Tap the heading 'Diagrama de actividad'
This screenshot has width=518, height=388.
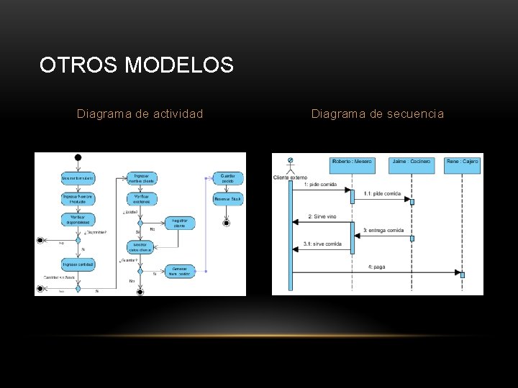click(x=140, y=114)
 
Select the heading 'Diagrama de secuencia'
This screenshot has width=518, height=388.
click(x=377, y=114)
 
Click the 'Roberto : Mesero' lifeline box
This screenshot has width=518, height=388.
click(x=353, y=162)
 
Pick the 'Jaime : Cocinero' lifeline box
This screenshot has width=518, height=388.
click(x=412, y=162)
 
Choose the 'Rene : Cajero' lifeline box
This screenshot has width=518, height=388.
click(x=462, y=162)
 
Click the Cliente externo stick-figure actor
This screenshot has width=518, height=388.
click(x=291, y=165)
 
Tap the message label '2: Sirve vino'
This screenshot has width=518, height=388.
click(x=321, y=216)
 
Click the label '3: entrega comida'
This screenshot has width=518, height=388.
click(x=384, y=230)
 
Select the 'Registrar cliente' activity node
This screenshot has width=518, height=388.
click(x=179, y=223)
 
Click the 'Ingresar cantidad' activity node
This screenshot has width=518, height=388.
click(x=78, y=264)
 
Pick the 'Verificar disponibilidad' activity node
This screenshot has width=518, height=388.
click(x=78, y=220)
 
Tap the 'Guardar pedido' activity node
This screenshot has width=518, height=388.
click(x=227, y=177)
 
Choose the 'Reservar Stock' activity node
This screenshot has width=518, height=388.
click(x=227, y=199)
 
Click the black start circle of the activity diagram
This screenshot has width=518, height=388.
click(x=78, y=158)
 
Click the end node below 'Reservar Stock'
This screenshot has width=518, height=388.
click(x=227, y=223)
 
